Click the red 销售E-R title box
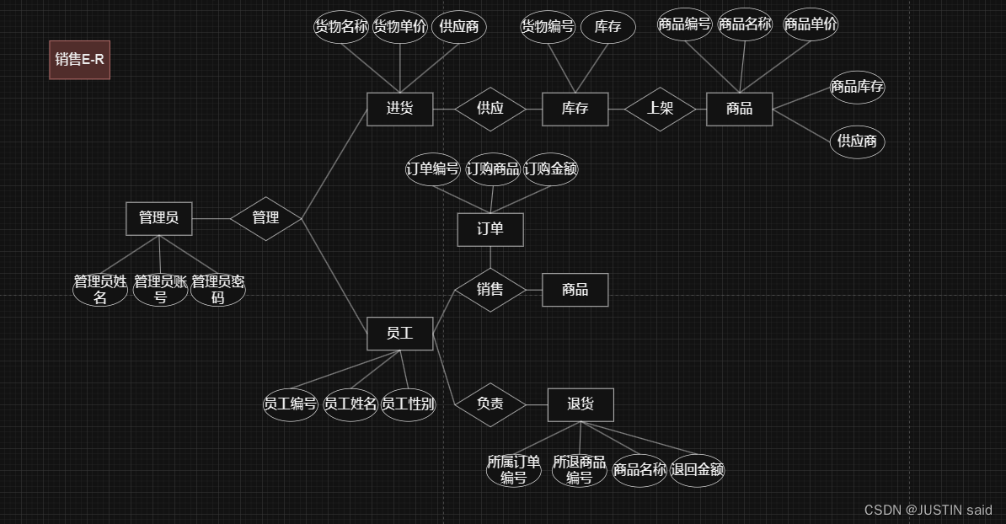point(79,60)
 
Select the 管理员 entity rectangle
point(158,218)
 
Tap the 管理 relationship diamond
point(265,218)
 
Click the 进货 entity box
point(399,109)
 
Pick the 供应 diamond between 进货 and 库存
point(490,109)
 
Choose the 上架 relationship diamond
point(660,109)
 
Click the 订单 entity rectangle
point(490,229)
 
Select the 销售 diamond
point(490,290)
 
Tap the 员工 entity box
point(399,334)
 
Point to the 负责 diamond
point(490,404)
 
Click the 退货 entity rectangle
point(580,404)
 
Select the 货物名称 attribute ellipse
point(341,26)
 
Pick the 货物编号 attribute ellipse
point(548,27)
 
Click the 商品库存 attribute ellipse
point(857,87)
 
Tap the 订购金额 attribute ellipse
point(550,169)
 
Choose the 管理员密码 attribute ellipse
point(217,289)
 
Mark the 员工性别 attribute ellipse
point(408,404)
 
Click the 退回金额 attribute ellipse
point(697,470)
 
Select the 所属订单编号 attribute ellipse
point(513,470)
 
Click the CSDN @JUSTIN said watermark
point(928,511)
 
